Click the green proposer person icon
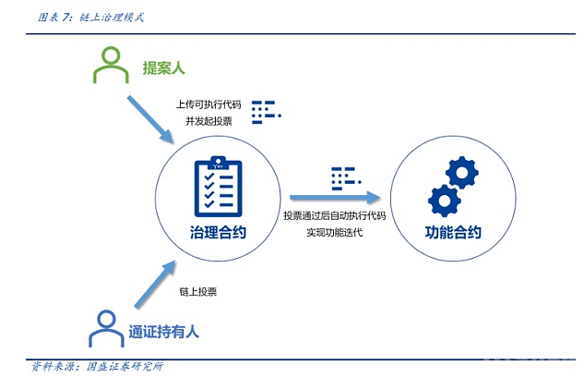(x=110, y=66)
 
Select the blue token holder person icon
(x=104, y=327)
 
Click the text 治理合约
(x=218, y=233)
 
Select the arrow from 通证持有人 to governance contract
(x=153, y=285)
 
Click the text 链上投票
(x=197, y=291)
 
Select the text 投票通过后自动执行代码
(x=334, y=215)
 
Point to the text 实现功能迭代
(x=334, y=232)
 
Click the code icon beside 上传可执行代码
(x=266, y=111)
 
